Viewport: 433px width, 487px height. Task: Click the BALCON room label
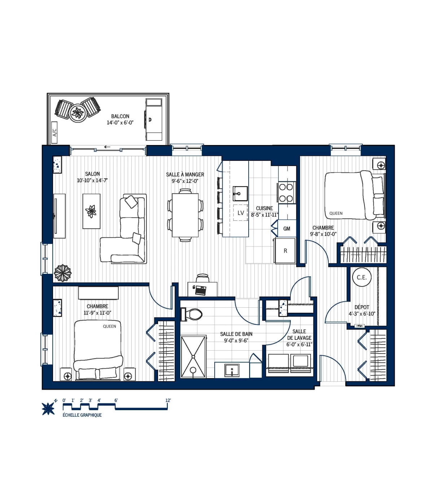click(120, 116)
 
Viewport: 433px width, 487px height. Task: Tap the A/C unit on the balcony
click(54, 132)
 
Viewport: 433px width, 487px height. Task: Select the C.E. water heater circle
click(362, 277)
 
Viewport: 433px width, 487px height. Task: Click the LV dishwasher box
click(240, 213)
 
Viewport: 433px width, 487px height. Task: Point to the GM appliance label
click(287, 229)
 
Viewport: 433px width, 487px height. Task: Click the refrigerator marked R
click(285, 251)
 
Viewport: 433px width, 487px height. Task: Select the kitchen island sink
click(240, 193)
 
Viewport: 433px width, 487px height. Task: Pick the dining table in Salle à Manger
click(185, 215)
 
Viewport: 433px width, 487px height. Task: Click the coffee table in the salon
click(91, 211)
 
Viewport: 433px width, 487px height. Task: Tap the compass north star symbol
click(48, 408)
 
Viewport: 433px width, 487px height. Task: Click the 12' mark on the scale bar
click(168, 400)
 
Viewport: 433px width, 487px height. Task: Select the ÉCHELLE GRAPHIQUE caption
click(82, 415)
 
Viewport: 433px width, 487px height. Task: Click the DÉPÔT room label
click(362, 307)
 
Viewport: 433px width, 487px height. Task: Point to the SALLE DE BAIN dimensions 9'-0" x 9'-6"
click(236, 340)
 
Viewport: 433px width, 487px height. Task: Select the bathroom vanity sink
click(231, 370)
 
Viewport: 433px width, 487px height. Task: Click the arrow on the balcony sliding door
click(107, 147)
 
